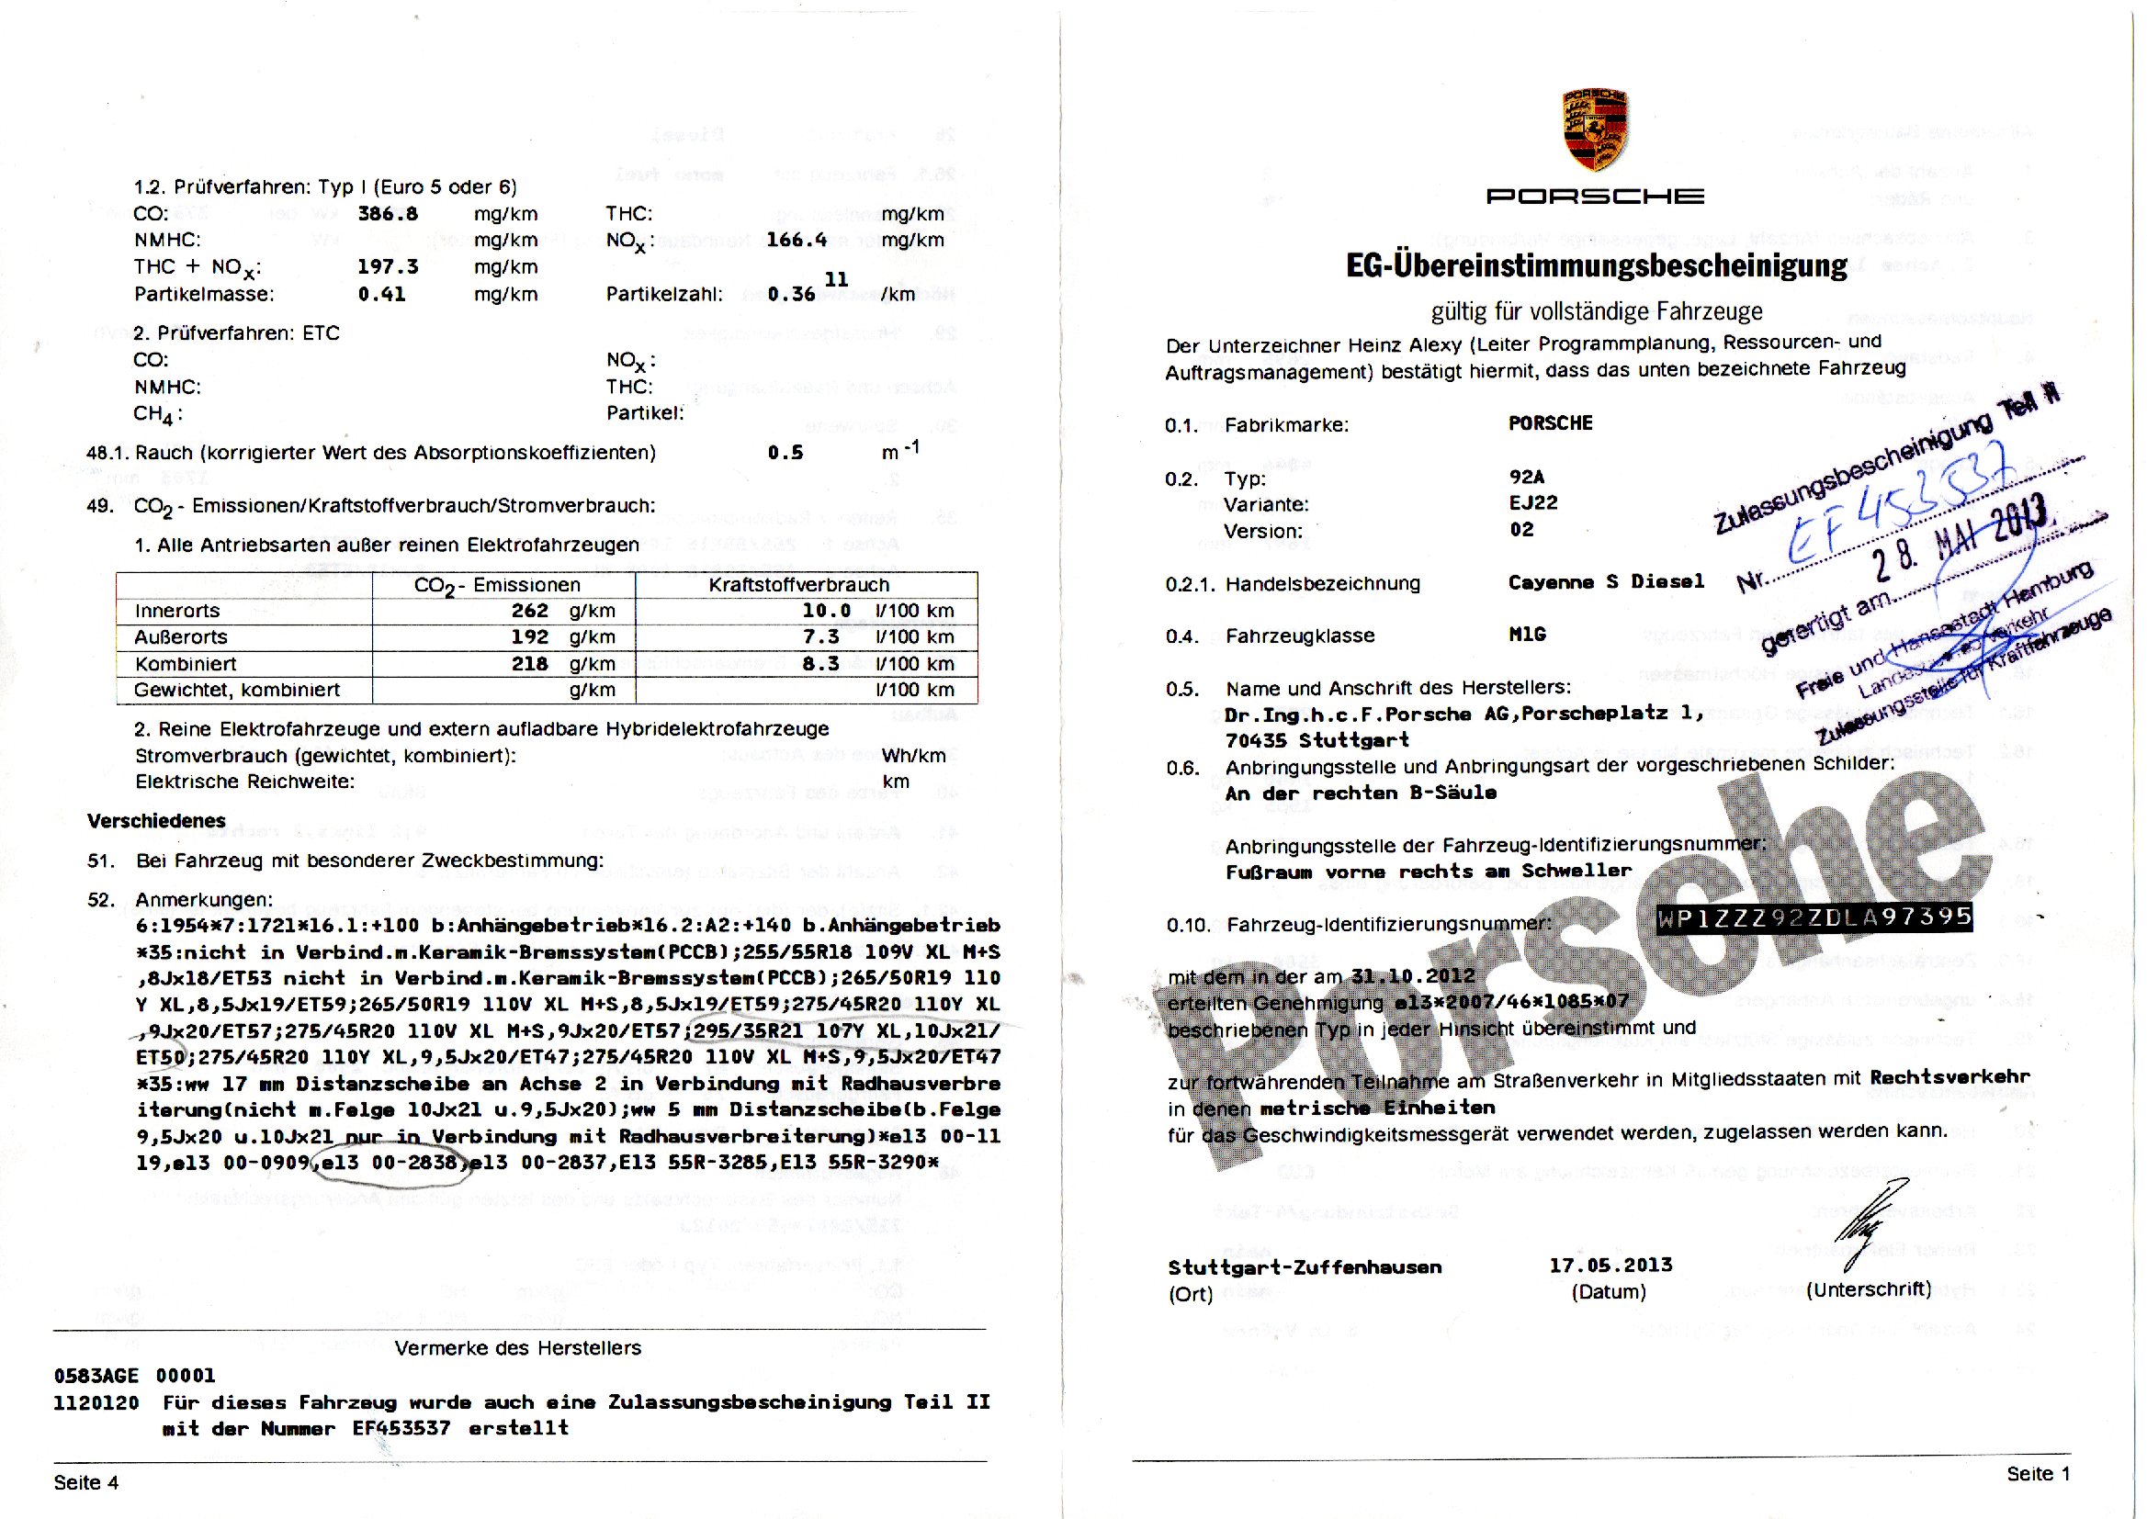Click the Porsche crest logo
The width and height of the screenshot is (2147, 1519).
click(1595, 131)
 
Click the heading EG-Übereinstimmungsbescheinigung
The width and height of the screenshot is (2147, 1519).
click(1596, 265)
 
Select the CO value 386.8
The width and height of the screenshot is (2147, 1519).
click(388, 213)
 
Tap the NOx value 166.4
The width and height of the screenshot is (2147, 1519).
click(797, 241)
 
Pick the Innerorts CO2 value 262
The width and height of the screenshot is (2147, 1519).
click(529, 611)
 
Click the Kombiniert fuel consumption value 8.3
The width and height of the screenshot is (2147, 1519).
click(820, 663)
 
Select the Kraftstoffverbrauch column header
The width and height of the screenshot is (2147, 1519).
click(798, 586)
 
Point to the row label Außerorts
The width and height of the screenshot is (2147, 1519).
click(181, 637)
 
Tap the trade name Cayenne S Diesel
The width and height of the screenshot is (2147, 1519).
click(1605, 581)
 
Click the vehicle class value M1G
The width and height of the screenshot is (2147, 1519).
click(1527, 635)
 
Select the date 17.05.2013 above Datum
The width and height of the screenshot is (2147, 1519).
click(1608, 1266)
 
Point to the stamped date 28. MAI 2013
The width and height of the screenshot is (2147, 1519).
click(1959, 538)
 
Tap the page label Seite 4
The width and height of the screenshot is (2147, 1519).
click(86, 1482)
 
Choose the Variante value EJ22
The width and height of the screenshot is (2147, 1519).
click(1533, 503)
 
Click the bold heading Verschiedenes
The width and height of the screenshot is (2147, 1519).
click(156, 821)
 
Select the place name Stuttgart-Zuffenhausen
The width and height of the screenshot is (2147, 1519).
click(1305, 1267)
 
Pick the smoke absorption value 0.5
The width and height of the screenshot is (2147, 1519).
click(785, 453)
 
